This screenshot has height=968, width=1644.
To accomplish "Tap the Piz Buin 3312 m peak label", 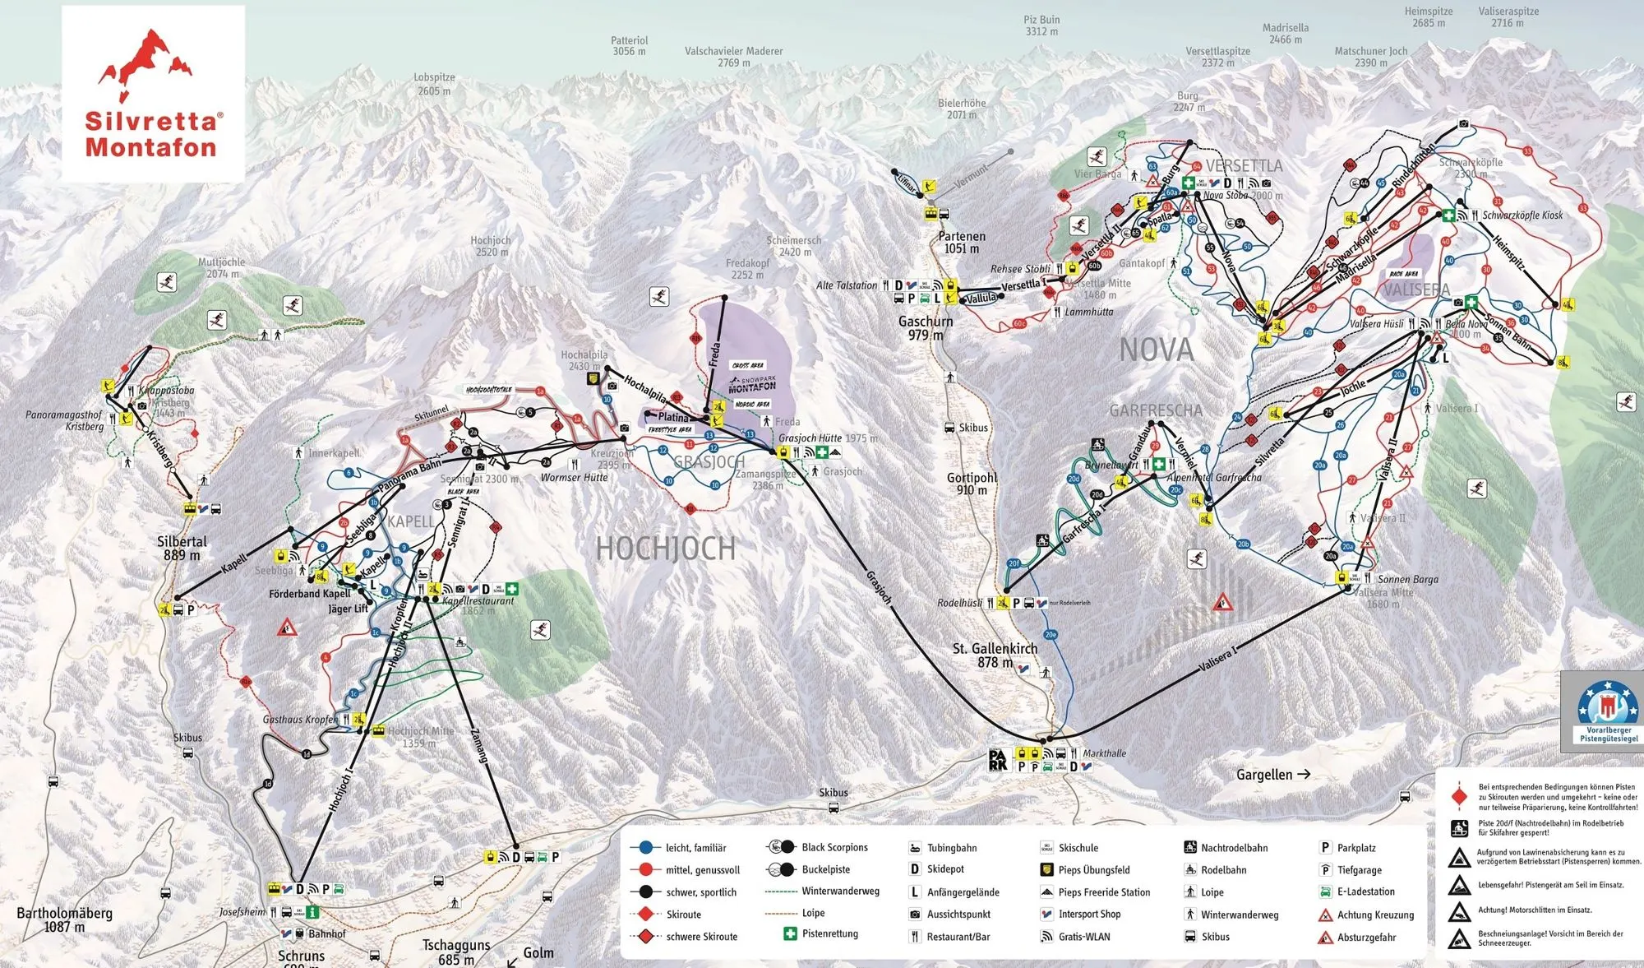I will (1041, 25).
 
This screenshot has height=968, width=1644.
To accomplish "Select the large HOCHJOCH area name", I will (665, 549).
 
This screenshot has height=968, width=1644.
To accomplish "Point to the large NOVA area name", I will (1156, 350).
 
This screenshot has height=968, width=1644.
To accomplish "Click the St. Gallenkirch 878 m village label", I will (995, 655).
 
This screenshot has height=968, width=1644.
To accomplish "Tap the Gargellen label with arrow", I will (1272, 774).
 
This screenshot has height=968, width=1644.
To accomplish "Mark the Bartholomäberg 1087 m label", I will (64, 919).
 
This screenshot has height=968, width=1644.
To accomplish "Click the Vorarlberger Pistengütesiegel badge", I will (1607, 711).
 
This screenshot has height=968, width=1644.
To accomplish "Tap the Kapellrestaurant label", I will (478, 601).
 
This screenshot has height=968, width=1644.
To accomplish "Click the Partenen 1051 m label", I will (961, 242).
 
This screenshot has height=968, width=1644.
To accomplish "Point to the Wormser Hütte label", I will (574, 478).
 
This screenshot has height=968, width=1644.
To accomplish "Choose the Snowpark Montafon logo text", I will (751, 384).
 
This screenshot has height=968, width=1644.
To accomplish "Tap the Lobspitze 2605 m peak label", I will (434, 84).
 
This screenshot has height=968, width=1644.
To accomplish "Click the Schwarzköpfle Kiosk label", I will (1522, 215).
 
